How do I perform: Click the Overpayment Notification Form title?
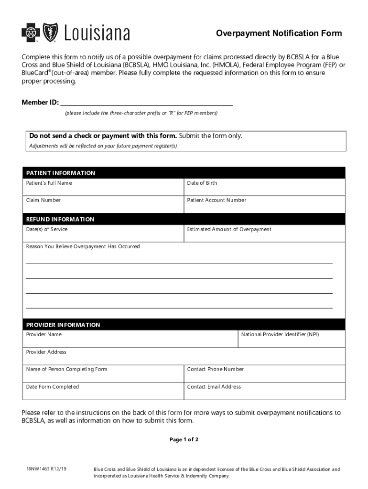(x=279, y=33)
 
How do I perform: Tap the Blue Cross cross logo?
(x=29, y=33)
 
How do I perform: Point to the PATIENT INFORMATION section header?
(x=61, y=173)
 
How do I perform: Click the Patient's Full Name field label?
(x=49, y=183)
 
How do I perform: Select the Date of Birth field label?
(x=202, y=183)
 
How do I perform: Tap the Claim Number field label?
(x=43, y=200)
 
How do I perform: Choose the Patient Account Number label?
(x=216, y=200)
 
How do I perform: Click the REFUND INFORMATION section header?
(x=60, y=219)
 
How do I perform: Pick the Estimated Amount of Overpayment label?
(x=229, y=229)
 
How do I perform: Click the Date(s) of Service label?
(x=47, y=229)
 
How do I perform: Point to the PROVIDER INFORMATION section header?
(x=63, y=325)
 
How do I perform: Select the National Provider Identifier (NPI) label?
(x=280, y=334)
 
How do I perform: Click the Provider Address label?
(x=46, y=352)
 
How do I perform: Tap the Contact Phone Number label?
(x=215, y=369)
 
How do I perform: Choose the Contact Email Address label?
(x=214, y=387)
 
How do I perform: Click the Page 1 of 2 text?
(x=184, y=440)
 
